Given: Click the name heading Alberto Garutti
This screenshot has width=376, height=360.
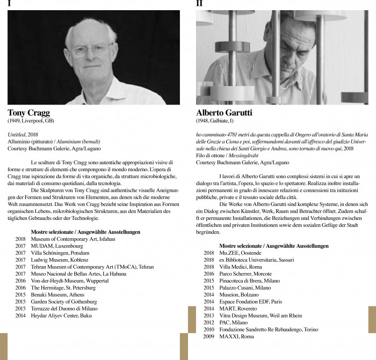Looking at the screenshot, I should coord(224,113).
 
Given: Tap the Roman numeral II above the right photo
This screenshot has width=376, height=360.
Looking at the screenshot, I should coord(199,3).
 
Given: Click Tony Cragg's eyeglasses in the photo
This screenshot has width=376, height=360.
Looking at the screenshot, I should coord(92,50).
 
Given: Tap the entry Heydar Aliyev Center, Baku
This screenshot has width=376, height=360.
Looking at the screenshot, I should coord(61,315).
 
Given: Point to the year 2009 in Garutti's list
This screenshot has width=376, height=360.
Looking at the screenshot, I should coord(208,336).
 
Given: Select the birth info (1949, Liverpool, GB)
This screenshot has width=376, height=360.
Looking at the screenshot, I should coord(31,121).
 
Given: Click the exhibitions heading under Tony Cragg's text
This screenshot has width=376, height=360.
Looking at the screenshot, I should coord(85,232).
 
